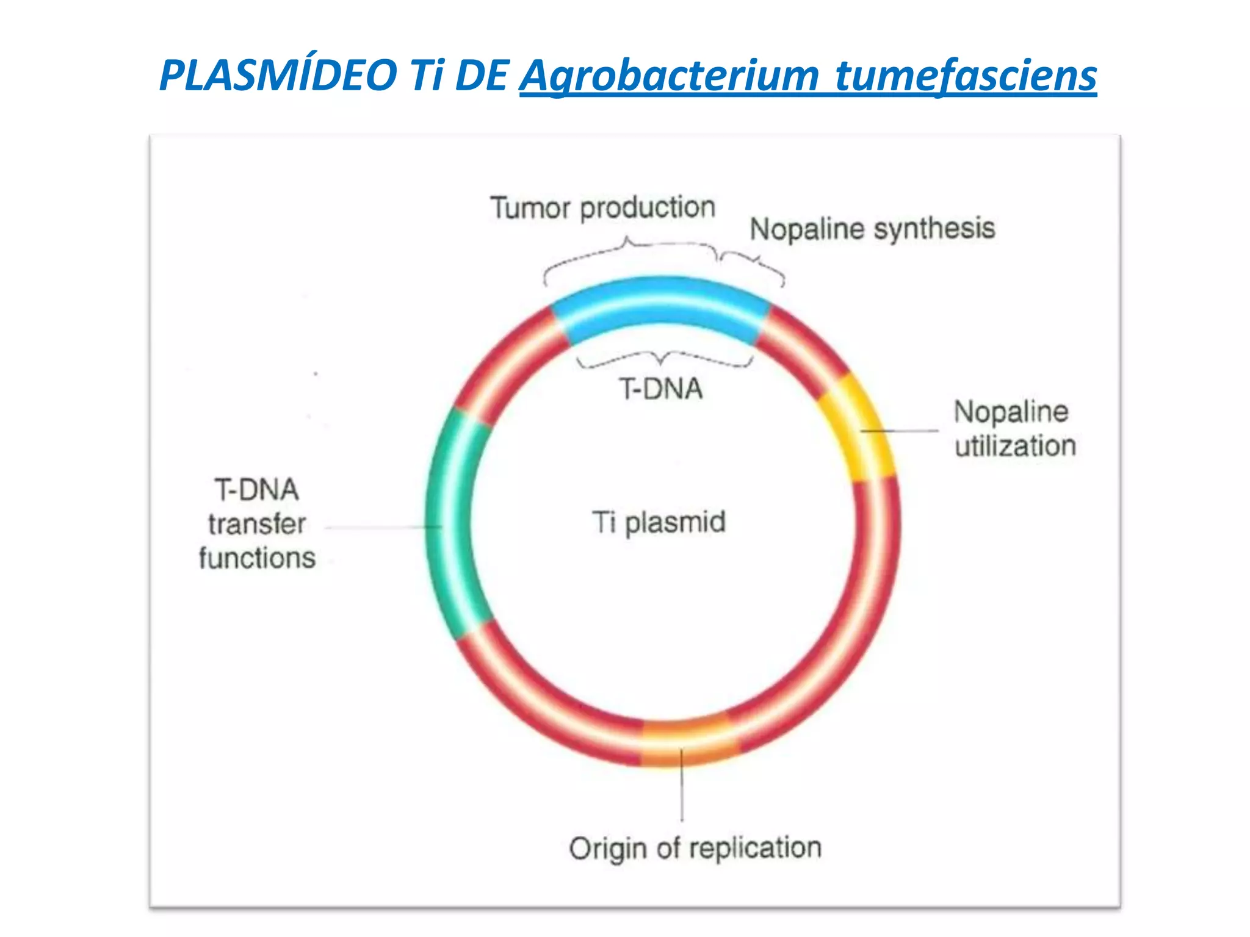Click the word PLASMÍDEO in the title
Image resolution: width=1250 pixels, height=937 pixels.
click(278, 76)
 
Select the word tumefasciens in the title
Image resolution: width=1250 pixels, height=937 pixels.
click(966, 76)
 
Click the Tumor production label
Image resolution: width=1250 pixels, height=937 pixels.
click(602, 208)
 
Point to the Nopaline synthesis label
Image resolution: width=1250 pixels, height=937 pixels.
click(872, 229)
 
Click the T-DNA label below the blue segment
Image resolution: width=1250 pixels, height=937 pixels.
click(661, 389)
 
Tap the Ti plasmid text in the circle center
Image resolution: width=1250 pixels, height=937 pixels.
click(659, 523)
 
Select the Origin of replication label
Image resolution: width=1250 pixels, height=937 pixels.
click(695, 849)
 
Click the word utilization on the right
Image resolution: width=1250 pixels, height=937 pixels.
click(1015, 446)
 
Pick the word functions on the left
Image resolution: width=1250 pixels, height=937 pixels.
click(257, 558)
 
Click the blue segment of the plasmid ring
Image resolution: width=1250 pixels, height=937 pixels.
click(661, 308)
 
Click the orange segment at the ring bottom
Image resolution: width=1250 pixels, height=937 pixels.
click(687, 742)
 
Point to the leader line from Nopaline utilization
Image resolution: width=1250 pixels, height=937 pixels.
click(900, 431)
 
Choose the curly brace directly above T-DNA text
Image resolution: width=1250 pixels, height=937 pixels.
click(663, 359)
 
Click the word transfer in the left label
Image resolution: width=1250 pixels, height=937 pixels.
click(257, 524)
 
